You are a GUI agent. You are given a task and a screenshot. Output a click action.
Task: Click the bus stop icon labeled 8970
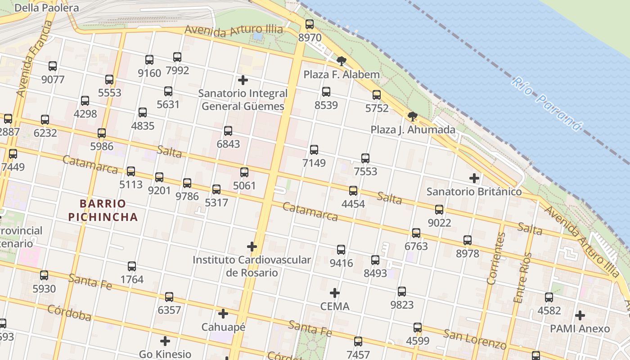click(310, 24)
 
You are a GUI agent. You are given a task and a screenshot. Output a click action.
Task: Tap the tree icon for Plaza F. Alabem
click(342, 61)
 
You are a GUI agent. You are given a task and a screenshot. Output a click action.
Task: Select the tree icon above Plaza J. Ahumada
click(412, 117)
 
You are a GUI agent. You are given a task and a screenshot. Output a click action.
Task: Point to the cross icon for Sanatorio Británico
click(474, 178)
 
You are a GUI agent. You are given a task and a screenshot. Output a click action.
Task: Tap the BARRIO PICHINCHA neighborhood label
click(103, 210)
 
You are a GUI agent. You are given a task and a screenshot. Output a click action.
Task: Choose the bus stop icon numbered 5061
click(244, 172)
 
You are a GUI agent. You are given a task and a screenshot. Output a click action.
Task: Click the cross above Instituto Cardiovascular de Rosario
click(252, 247)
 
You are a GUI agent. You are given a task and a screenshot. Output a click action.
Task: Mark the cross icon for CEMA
click(335, 293)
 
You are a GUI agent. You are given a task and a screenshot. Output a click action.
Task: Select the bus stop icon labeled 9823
click(402, 292)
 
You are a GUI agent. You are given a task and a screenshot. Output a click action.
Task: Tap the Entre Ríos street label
click(523, 277)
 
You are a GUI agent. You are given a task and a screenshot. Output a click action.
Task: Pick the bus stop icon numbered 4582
click(549, 297)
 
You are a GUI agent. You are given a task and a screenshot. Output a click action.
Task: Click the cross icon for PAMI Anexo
click(580, 315)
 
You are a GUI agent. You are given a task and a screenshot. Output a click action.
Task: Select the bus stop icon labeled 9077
click(53, 66)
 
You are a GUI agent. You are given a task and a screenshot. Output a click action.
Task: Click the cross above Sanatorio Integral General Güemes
click(243, 80)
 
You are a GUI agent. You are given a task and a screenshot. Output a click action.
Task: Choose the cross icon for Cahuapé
click(223, 314)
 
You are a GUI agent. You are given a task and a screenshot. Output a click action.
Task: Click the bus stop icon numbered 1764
click(132, 266)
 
